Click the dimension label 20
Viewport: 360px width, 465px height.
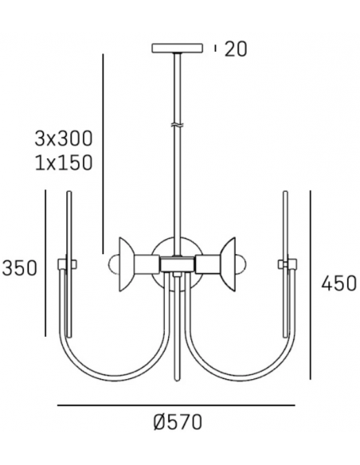coord(237,49)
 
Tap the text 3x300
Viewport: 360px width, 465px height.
coord(65,138)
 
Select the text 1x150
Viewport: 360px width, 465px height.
coord(65,163)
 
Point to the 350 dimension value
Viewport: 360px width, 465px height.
coord(20,268)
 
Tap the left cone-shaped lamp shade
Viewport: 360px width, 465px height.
coord(127,263)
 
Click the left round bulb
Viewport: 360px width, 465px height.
coord(112,264)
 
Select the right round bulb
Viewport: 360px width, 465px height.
coord(248,264)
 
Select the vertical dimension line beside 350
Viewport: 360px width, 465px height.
coord(47,263)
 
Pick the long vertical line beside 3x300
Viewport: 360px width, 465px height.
coord(104,151)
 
